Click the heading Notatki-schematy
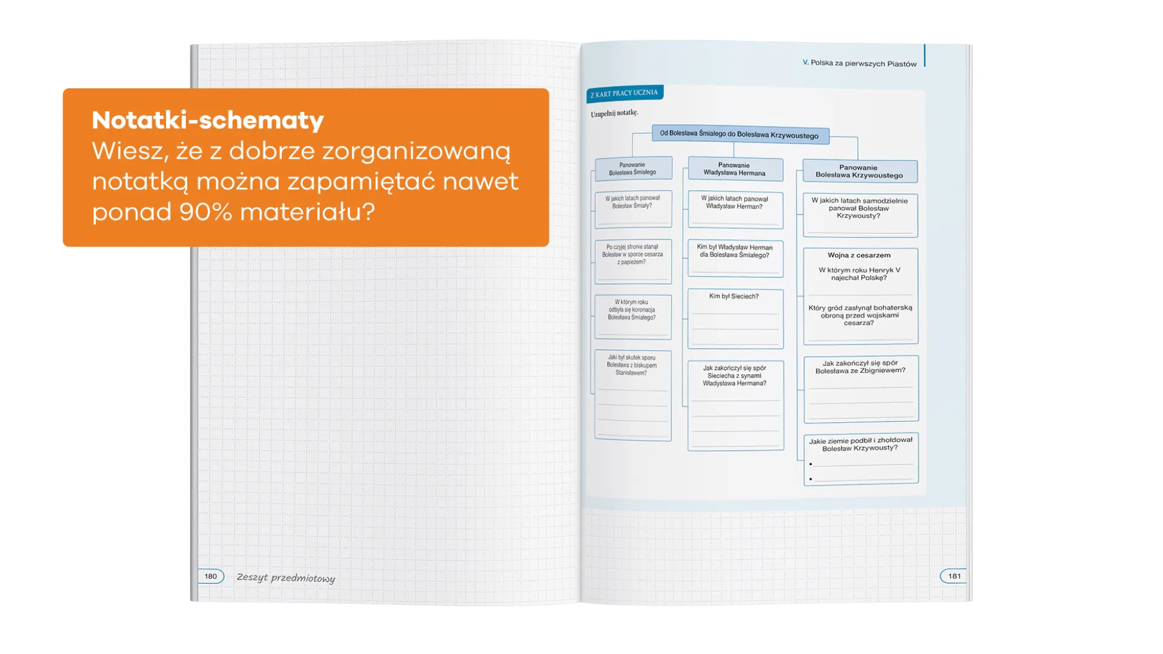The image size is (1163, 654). pos(208,121)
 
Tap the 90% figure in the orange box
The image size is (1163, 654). pos(205,212)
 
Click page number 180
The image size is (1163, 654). pos(210,576)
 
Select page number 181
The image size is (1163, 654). pos(954,576)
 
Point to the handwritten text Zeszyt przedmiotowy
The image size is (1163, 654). pos(285,578)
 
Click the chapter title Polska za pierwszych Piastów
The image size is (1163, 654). pos(863,63)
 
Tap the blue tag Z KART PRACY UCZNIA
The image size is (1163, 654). pos(625,93)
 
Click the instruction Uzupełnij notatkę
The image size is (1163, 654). pos(614,113)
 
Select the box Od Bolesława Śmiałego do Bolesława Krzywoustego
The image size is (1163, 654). pos(739,134)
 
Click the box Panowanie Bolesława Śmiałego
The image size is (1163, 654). pos(633,168)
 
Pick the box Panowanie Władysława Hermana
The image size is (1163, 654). pos(734,169)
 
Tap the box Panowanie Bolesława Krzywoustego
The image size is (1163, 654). pos(859,171)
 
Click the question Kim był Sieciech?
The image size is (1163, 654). pos(734,297)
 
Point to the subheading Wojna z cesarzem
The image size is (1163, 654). pos(859,256)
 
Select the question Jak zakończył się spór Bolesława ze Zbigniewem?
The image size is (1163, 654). pos(860,367)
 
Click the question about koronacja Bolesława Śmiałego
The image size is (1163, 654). pos(632,309)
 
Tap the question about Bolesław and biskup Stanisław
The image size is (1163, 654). pos(632,365)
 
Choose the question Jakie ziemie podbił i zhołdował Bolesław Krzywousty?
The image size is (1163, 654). pos(860,444)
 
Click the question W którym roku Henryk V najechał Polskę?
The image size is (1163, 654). pos(859,274)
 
